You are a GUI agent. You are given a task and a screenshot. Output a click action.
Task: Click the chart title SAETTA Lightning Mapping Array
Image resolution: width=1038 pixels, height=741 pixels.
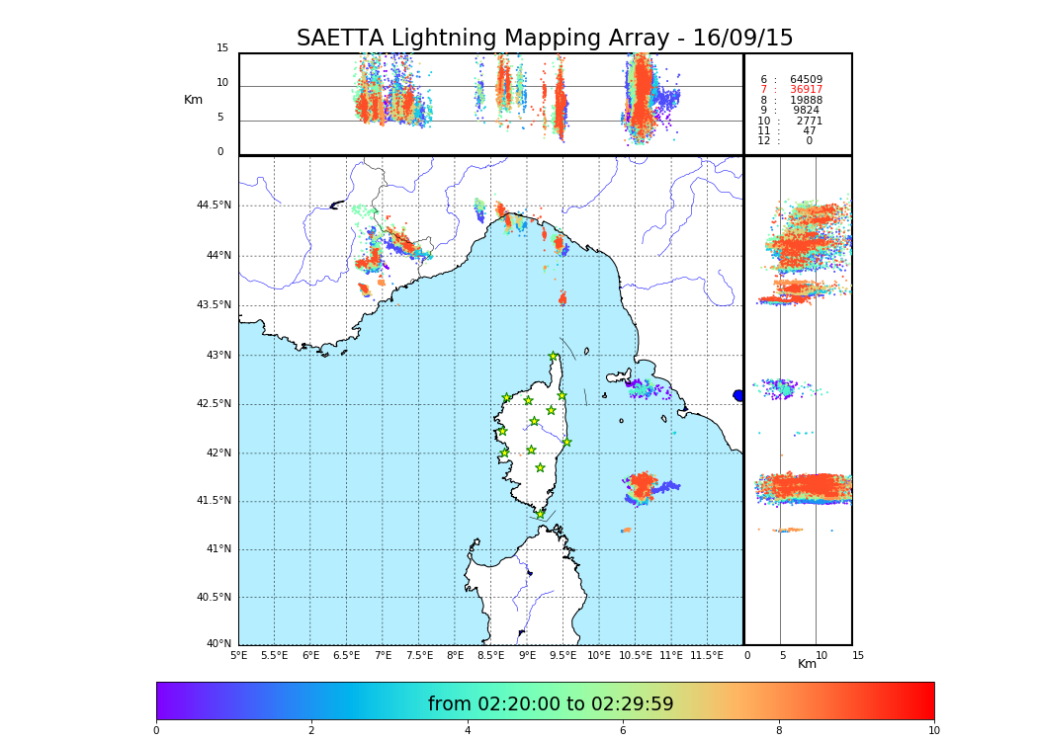click(545, 39)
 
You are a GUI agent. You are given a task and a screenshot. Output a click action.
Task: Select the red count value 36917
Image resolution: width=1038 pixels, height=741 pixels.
click(806, 90)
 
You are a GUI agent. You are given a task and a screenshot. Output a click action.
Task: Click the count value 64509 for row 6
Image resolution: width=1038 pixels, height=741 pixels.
click(806, 79)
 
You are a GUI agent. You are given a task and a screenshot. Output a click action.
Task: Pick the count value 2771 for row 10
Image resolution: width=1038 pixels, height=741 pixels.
click(809, 121)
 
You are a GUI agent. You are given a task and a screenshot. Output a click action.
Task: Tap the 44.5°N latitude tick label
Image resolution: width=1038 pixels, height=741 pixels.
click(214, 206)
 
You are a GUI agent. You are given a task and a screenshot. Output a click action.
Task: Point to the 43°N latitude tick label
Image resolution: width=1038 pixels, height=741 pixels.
click(217, 355)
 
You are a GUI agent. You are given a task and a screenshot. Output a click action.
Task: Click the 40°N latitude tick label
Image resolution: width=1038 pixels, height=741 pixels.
click(217, 644)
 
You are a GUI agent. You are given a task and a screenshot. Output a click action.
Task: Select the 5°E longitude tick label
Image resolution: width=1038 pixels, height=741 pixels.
click(239, 655)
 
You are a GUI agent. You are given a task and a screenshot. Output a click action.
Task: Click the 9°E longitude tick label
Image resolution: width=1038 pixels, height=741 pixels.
click(527, 655)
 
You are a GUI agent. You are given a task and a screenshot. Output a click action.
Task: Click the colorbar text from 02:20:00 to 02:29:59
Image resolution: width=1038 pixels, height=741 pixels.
click(551, 703)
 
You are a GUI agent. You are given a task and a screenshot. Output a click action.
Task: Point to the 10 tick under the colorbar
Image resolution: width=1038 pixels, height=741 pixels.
click(933, 730)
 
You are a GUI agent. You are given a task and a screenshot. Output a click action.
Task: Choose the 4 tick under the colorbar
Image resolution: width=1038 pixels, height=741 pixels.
click(468, 730)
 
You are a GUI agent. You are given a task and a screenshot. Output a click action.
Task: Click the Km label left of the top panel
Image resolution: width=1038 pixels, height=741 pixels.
click(193, 100)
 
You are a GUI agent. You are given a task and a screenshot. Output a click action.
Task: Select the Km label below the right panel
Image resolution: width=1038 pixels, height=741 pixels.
click(807, 664)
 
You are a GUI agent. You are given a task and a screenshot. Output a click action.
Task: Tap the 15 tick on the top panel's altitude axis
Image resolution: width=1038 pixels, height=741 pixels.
click(222, 48)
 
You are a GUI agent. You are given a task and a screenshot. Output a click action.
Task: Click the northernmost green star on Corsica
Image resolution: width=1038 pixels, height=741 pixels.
click(554, 357)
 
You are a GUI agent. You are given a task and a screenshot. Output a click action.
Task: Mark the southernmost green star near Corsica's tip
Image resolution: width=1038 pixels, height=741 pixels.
click(540, 514)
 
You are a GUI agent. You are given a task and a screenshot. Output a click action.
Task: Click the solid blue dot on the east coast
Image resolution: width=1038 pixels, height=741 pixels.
click(738, 395)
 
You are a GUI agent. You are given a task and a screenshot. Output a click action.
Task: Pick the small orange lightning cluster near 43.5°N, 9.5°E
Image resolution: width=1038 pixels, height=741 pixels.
click(562, 298)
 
